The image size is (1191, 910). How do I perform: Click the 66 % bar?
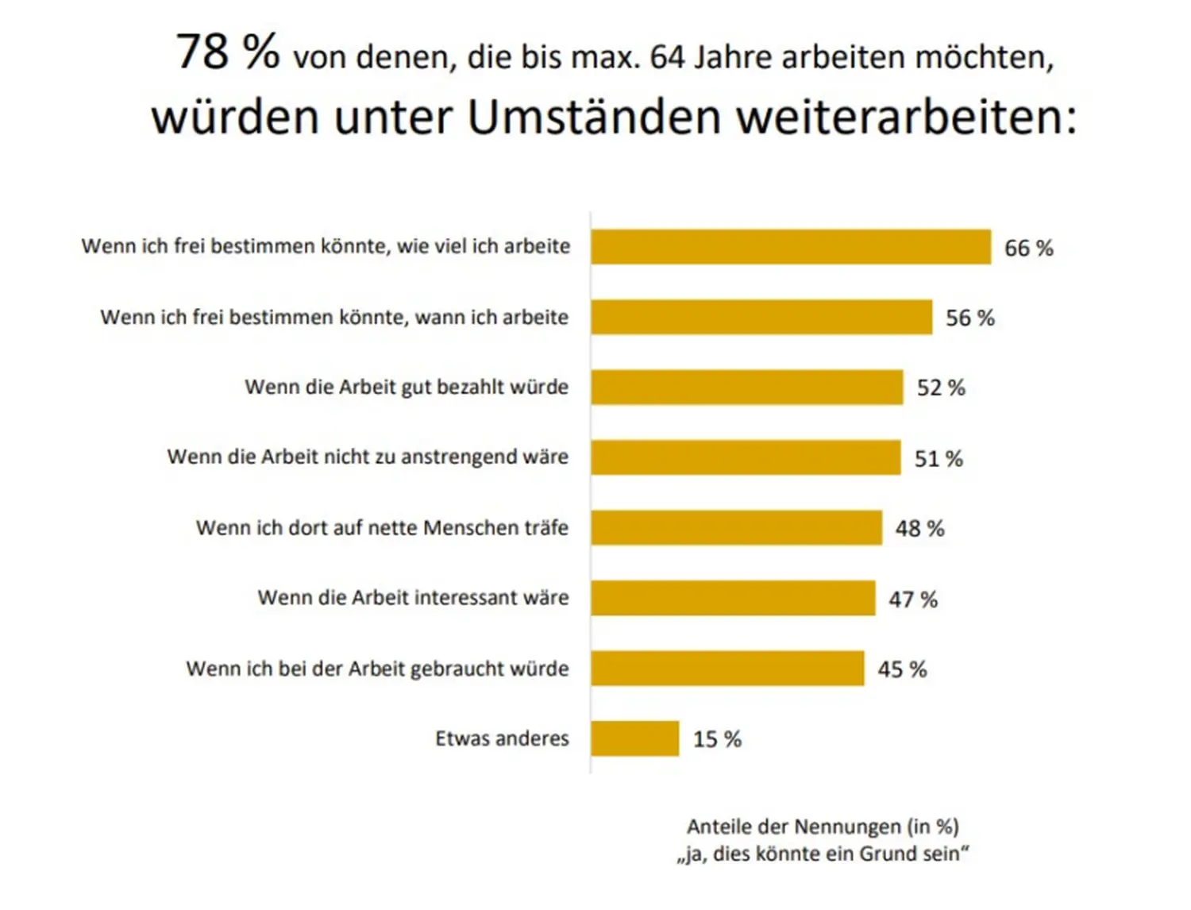point(791,247)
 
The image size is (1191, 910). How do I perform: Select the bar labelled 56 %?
point(761,317)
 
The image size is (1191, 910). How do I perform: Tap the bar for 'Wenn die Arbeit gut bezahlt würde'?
point(747,388)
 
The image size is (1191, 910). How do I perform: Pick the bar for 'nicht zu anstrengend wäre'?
point(746,457)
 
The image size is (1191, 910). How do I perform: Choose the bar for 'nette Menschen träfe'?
point(736,528)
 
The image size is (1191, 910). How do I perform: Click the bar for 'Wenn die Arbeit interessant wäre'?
point(733,598)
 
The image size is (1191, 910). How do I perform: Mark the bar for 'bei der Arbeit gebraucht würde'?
point(727,669)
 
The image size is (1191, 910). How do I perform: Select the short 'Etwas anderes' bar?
point(635,738)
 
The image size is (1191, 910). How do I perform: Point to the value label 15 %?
point(717,739)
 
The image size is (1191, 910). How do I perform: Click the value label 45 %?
point(902,669)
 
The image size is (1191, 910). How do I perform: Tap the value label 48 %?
point(919,529)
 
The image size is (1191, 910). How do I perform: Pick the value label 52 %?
point(941,388)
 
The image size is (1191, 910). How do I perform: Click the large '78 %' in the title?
point(227,52)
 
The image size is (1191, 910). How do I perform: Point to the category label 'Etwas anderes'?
point(502,738)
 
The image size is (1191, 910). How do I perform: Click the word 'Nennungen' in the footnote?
point(847,827)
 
